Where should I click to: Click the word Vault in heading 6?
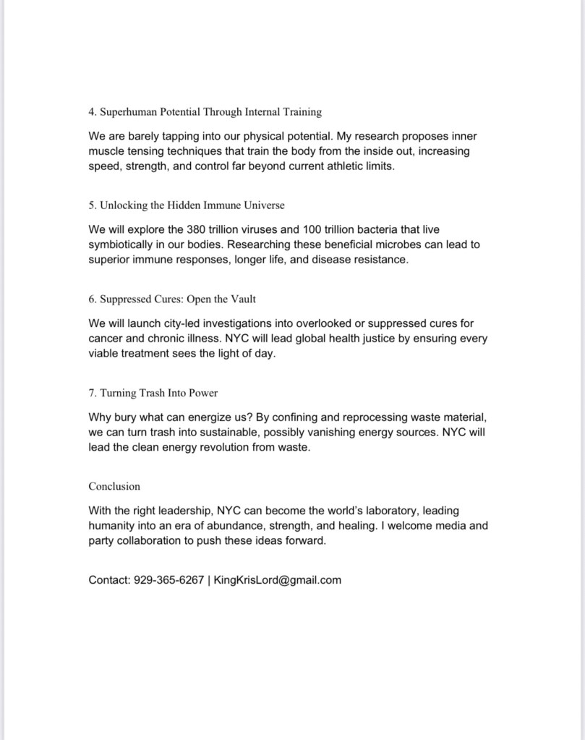[242, 299]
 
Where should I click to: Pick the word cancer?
[106, 339]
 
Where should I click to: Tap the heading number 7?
[92, 393]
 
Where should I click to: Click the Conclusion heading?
[114, 486]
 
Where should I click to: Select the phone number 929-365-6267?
[168, 580]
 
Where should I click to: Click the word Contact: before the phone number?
[109, 580]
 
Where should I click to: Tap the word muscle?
[107, 151]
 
